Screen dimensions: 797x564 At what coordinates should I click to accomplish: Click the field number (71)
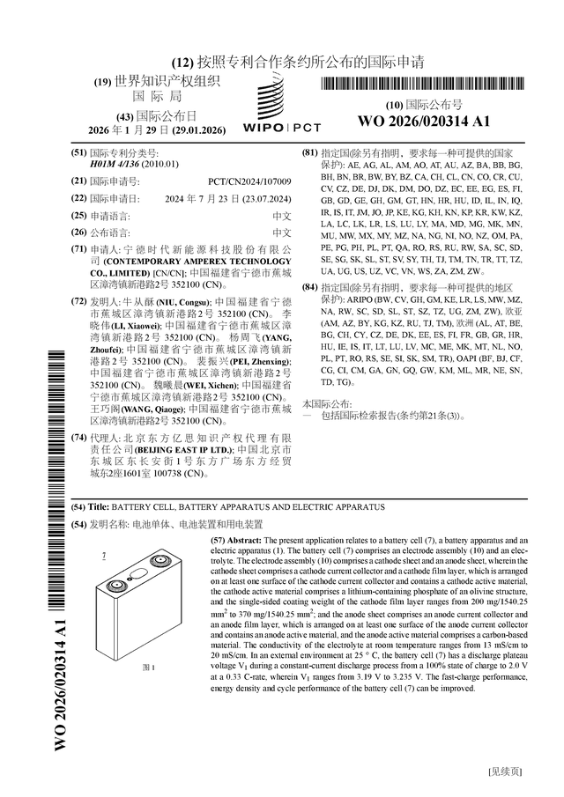coord(78,250)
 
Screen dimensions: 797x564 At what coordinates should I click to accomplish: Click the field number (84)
coord(309,287)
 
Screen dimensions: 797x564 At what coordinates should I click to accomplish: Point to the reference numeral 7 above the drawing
coord(104,556)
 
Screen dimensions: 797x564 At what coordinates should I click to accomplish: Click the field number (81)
coord(309,152)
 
